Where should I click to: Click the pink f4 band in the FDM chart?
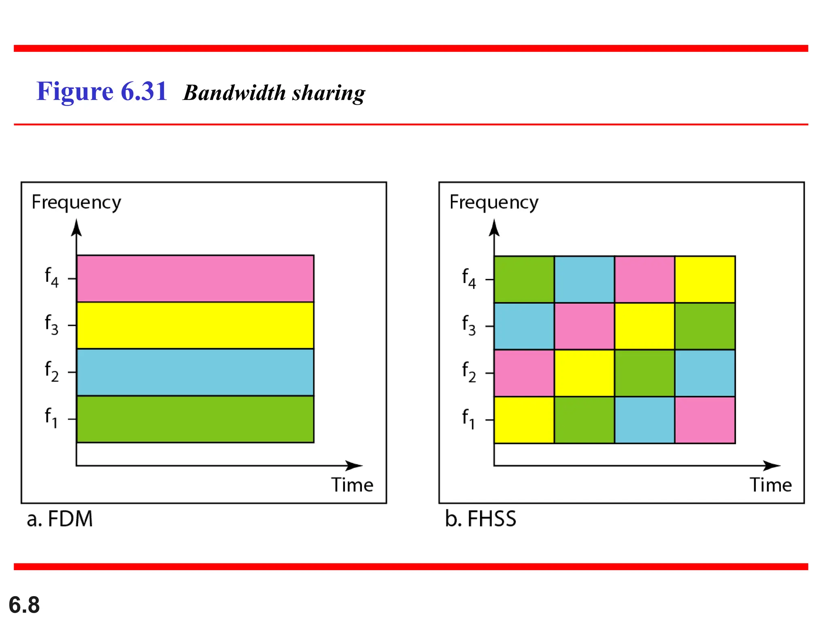195,279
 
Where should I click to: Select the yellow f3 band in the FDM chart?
195,325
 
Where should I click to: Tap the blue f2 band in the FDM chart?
195,372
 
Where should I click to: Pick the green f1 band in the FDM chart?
195,419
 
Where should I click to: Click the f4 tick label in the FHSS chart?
469,278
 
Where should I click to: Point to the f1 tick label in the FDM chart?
51,418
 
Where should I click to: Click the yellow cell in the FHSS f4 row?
705,279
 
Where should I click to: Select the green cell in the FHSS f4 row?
524,279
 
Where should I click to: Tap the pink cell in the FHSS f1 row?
705,420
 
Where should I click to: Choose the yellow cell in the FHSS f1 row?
524,420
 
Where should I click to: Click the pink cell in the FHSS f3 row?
584,326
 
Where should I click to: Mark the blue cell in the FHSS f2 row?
705,373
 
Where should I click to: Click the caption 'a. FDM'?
60,519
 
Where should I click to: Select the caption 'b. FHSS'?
480,519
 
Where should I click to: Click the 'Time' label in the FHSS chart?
770,485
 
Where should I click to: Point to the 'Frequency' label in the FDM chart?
76,202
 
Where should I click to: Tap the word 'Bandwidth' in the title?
235,93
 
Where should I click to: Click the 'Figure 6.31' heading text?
102,91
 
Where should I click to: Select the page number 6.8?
24,605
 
